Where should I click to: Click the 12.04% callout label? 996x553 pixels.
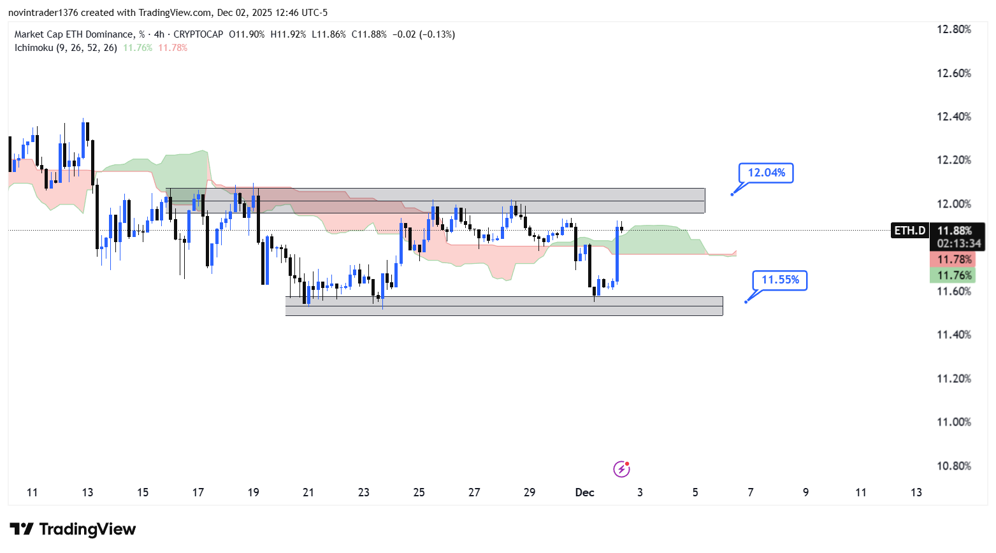point(766,173)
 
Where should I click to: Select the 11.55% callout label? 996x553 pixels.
point(780,280)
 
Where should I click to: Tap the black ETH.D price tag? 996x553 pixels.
point(909,231)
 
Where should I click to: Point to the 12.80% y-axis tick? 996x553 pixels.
point(953,29)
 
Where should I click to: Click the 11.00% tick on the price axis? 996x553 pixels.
point(953,422)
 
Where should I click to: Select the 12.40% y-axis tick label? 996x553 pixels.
point(953,117)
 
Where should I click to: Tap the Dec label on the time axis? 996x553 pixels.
point(584,492)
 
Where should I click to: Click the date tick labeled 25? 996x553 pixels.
point(419,492)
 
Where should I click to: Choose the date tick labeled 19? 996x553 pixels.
point(253,492)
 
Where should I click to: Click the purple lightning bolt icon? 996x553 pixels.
point(621,470)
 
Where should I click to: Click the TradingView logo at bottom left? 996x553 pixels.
point(73,529)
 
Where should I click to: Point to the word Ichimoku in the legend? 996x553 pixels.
point(34,48)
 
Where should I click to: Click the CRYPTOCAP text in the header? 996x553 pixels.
point(198,34)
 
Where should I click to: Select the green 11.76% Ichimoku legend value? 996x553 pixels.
point(138,48)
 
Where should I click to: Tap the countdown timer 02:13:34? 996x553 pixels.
point(958,243)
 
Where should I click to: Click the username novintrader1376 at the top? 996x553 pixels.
point(43,13)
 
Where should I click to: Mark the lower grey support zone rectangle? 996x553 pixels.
point(503,306)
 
